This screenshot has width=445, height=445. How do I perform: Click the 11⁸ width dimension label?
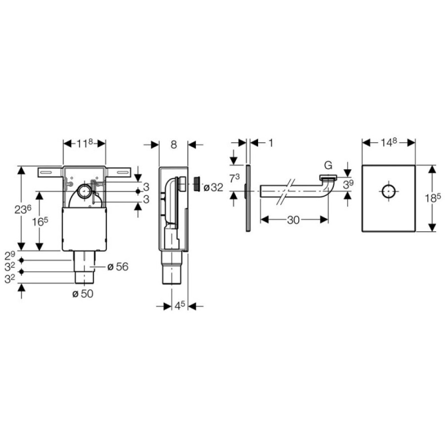[85, 143]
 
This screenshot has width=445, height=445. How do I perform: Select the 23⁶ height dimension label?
[23, 210]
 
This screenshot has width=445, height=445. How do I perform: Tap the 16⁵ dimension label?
[40, 222]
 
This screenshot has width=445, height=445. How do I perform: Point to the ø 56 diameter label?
[118, 267]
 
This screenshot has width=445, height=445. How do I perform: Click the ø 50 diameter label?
[83, 294]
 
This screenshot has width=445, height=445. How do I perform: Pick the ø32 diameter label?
[214, 187]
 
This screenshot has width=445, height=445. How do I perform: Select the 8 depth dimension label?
[174, 145]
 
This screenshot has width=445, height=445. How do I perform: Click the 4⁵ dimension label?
[179, 306]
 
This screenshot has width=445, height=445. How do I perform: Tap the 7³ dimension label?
[234, 178]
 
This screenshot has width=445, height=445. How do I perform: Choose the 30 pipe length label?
[293, 220]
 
